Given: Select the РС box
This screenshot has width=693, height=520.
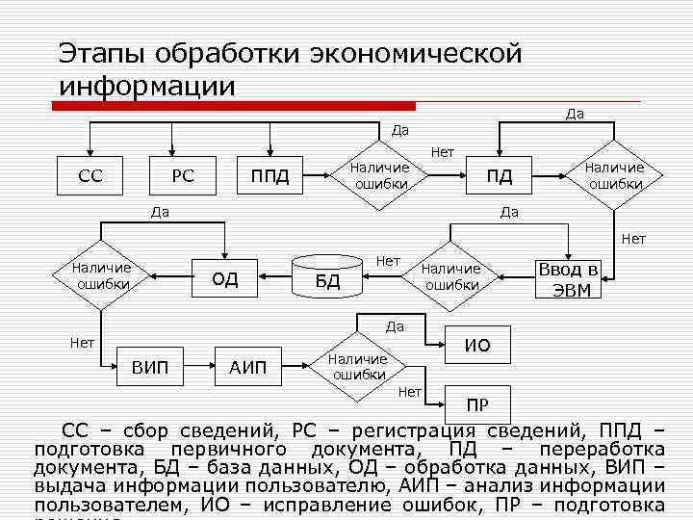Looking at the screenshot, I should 183,176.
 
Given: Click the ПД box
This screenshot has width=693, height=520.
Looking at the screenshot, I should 499,176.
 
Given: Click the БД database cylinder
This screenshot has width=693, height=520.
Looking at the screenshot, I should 328,279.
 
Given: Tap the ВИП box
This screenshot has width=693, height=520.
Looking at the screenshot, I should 149,367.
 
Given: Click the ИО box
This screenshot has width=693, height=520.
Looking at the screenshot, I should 477,344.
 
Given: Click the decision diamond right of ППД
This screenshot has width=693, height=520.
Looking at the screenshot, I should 382,176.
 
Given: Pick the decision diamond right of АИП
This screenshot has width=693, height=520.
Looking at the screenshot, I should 358,366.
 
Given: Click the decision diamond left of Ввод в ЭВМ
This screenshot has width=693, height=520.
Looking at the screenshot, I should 451,277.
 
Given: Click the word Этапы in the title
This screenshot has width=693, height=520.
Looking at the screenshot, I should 100,53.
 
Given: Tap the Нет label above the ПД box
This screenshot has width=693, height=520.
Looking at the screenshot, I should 443,151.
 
